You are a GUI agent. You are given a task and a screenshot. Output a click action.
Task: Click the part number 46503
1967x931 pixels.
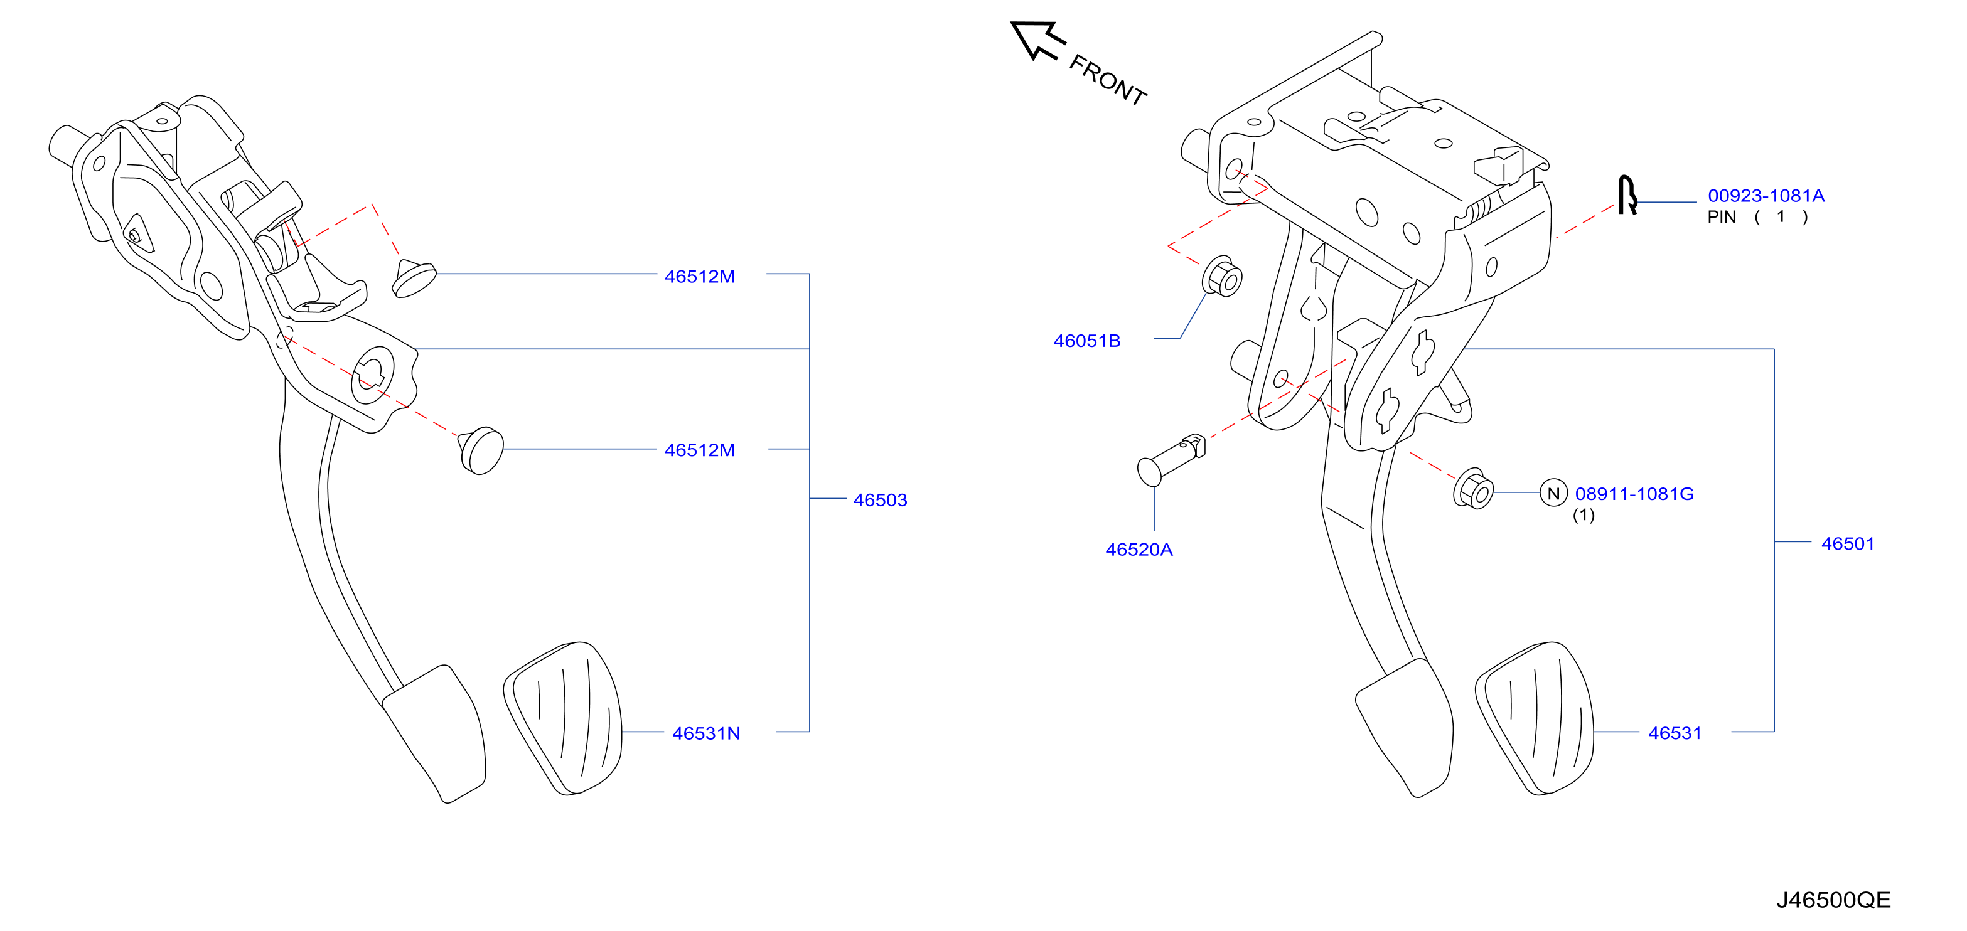click(880, 500)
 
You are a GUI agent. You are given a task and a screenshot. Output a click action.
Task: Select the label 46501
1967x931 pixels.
click(1847, 543)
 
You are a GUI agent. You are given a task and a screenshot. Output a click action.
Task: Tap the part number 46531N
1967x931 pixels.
click(706, 733)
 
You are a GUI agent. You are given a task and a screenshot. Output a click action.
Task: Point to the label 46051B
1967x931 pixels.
click(1086, 341)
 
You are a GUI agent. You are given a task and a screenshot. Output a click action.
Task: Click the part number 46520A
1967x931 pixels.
click(1139, 550)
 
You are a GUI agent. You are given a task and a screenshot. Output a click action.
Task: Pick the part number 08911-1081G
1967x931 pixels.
click(1634, 494)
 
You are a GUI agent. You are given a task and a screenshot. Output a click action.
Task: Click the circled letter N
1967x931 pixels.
click(1553, 494)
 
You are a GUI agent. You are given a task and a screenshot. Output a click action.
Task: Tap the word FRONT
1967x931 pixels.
click(1107, 80)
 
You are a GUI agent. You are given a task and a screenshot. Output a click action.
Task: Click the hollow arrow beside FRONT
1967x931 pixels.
click(1036, 40)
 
